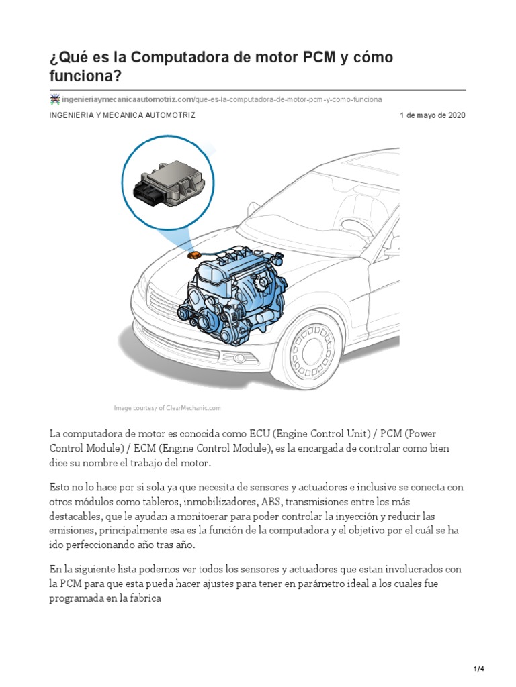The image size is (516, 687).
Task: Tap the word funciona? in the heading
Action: click(x=85, y=76)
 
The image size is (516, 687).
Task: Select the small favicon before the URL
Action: click(x=55, y=99)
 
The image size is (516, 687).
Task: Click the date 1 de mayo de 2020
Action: click(x=432, y=115)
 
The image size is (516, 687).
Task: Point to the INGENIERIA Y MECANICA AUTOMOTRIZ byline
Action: click(x=122, y=115)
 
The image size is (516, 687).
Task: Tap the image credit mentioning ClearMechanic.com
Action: click(x=167, y=408)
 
